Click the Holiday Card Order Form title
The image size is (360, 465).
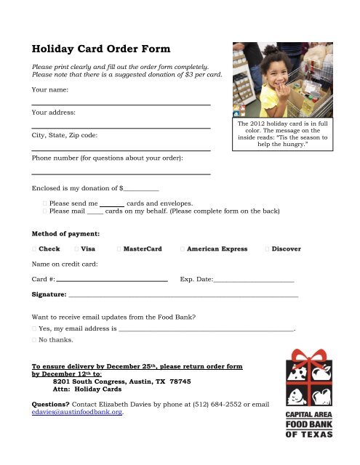(101, 50)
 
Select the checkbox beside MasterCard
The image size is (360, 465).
(119, 249)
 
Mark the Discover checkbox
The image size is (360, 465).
(268, 249)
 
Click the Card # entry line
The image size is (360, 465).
(112, 280)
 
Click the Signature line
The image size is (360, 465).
(182, 297)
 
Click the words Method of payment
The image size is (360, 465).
(65, 233)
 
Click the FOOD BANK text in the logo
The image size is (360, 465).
(308, 425)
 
